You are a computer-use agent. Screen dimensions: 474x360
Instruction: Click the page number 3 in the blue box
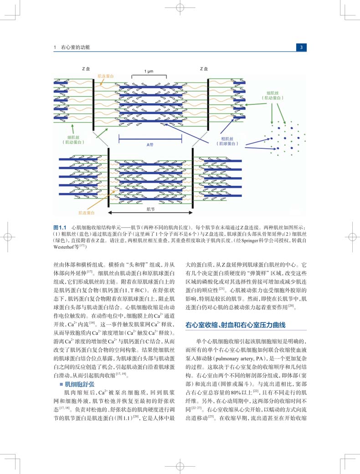click(301, 47)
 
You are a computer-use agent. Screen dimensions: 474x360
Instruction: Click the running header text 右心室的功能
click(76, 47)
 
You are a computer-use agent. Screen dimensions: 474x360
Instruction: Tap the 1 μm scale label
click(149, 71)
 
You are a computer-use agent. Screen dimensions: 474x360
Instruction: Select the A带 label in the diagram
click(150, 145)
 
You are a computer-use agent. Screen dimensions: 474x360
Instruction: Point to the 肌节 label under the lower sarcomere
click(150, 209)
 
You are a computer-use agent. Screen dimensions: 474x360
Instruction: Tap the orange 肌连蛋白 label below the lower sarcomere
click(87, 213)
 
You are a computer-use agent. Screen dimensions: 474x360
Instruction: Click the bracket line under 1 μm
click(149, 76)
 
